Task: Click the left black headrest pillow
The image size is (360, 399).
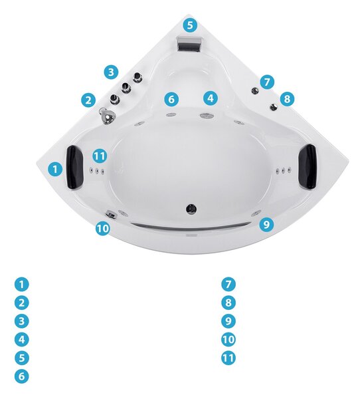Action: (74, 167)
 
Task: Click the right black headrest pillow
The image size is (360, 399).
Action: (308, 166)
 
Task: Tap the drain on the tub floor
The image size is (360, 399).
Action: (191, 208)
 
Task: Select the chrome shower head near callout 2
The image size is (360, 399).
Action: (107, 116)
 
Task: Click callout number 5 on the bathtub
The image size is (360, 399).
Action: (190, 25)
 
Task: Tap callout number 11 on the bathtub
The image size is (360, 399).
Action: (100, 156)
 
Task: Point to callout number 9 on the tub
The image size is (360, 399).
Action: (266, 224)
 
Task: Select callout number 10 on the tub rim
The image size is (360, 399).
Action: (103, 228)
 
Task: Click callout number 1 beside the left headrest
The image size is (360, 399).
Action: (55, 169)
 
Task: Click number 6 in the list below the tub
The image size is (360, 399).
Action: (22, 376)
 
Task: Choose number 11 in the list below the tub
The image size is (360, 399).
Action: (228, 358)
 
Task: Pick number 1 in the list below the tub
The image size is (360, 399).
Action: (22, 284)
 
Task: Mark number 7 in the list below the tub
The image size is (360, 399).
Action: (228, 284)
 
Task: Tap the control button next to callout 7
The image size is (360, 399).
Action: (255, 90)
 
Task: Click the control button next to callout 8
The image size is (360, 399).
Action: (274, 107)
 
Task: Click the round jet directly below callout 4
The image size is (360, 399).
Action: (205, 116)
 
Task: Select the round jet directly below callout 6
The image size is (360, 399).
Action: (171, 115)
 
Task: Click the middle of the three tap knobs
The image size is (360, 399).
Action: (126, 88)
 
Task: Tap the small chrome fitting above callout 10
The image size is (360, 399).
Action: (112, 214)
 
